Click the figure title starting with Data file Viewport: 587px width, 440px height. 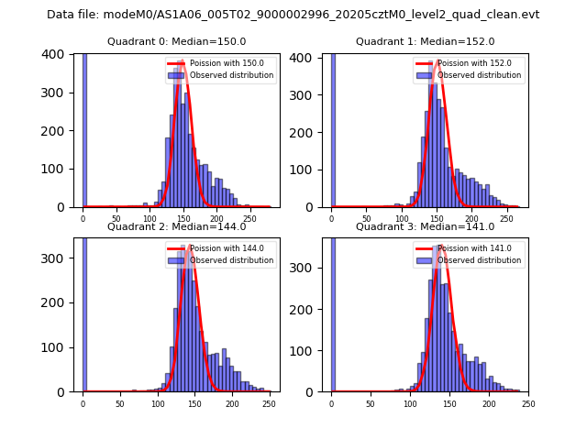click(293, 15)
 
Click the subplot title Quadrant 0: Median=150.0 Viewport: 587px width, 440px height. click(176, 41)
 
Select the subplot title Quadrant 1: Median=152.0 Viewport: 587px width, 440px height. click(425, 41)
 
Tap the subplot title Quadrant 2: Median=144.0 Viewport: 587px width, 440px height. click(176, 226)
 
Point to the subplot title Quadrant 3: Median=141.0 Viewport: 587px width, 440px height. click(425, 226)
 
